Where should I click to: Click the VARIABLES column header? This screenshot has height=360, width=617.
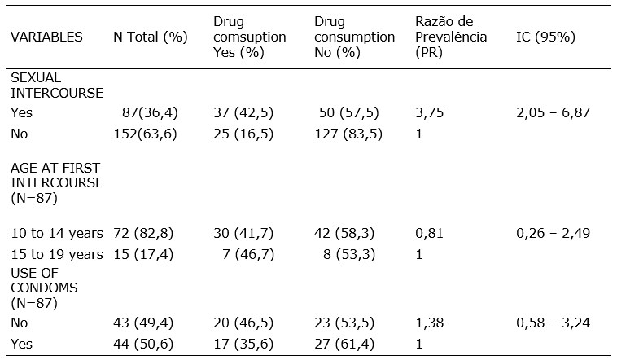pyautogui.click(x=46, y=37)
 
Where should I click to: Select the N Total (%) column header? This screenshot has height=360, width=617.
pyautogui.click(x=150, y=37)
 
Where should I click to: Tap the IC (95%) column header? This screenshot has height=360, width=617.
pyautogui.click(x=547, y=37)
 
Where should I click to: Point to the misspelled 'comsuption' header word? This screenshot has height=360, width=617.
pyautogui.click(x=249, y=37)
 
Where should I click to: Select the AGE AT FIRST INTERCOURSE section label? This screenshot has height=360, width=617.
pyautogui.click(x=56, y=183)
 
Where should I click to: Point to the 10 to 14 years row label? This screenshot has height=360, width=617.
pyautogui.click(x=56, y=233)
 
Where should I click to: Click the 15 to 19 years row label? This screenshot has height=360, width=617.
pyautogui.click(x=56, y=254)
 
